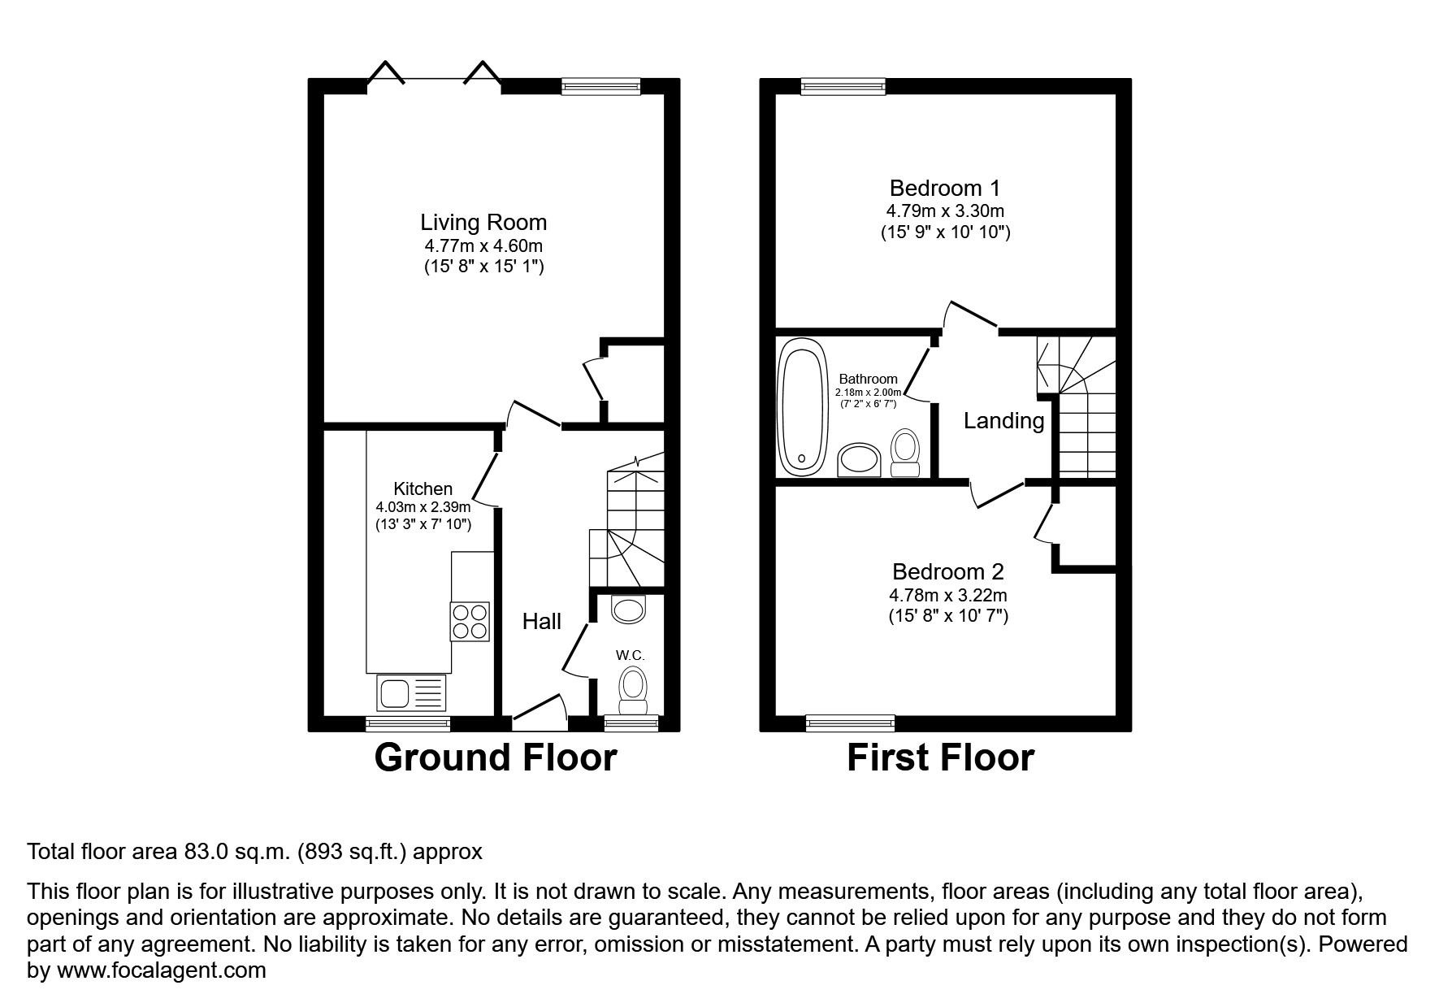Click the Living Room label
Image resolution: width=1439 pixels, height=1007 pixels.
(x=483, y=223)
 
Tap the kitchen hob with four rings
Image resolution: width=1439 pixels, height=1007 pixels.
(x=470, y=621)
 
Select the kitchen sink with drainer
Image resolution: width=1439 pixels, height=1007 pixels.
(x=412, y=693)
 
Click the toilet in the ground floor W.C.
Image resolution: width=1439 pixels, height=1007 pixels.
(x=632, y=684)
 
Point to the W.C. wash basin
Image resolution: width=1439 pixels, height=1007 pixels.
(x=627, y=609)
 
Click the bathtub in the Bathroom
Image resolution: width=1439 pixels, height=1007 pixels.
(x=802, y=407)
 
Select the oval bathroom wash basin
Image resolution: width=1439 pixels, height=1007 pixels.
(x=859, y=461)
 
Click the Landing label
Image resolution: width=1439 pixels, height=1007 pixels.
(x=1003, y=421)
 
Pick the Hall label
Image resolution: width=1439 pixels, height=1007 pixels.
(x=541, y=622)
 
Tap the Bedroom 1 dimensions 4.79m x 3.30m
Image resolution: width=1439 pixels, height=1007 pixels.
(x=944, y=211)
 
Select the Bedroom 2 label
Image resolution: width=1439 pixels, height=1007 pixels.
(x=947, y=572)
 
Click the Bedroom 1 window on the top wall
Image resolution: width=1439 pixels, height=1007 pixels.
(x=843, y=87)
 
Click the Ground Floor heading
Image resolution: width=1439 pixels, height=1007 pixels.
(x=495, y=758)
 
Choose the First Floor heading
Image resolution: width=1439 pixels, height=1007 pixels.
(x=940, y=758)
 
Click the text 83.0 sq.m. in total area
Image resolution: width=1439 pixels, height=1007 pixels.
(x=236, y=853)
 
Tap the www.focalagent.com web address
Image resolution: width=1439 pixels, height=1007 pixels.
(x=159, y=971)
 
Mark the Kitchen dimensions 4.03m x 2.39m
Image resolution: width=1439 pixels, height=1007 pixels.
(x=423, y=507)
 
